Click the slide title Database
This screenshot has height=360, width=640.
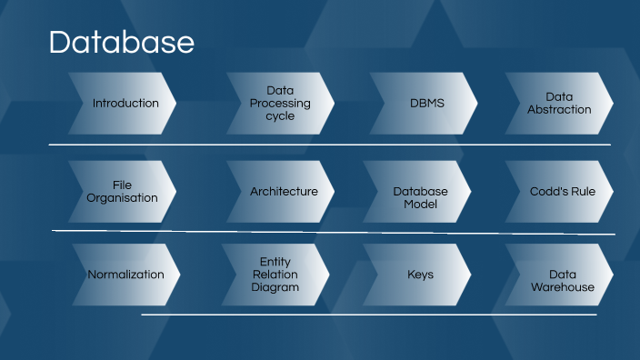(x=121, y=43)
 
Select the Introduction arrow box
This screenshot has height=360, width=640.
(x=125, y=103)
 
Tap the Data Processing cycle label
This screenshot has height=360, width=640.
(x=280, y=103)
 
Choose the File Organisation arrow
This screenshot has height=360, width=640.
(x=123, y=191)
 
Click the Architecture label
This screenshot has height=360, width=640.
(x=284, y=192)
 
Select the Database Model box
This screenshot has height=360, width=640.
(x=420, y=197)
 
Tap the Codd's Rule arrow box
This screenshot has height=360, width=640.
(x=563, y=192)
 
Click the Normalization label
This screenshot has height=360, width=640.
(x=125, y=274)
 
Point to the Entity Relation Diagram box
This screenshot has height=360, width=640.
(x=275, y=274)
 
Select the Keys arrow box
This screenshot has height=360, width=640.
(x=420, y=274)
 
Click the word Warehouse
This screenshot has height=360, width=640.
(x=563, y=287)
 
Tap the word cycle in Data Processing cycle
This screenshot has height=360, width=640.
(x=280, y=116)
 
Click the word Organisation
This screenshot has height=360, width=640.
(x=123, y=198)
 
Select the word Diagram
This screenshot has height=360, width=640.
(x=275, y=287)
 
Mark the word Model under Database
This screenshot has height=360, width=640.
(x=420, y=205)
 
